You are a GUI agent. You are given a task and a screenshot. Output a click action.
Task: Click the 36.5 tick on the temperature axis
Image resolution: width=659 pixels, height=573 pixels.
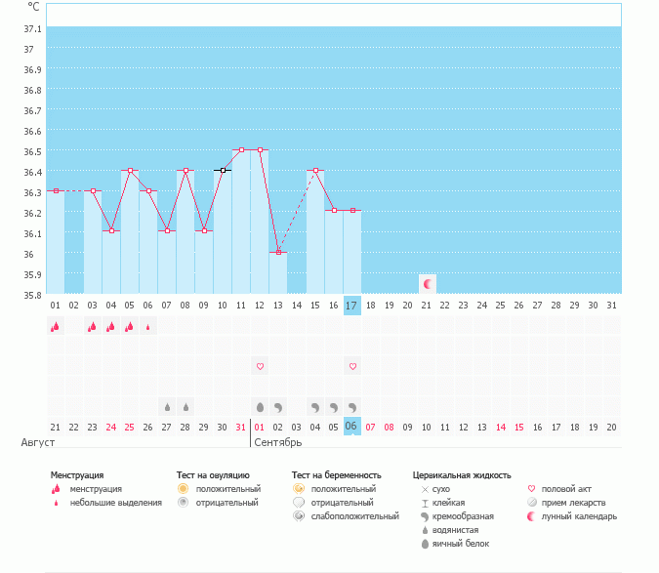coord(32,151)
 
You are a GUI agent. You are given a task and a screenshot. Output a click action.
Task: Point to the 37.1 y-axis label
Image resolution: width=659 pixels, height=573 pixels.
coord(32,28)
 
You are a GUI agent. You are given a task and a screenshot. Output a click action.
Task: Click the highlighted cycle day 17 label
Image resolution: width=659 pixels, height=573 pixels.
coord(352,306)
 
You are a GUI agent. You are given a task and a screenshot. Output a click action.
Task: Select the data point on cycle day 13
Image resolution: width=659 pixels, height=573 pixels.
coord(278,252)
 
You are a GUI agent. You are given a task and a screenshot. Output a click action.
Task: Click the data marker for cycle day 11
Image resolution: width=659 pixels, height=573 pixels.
coord(241,150)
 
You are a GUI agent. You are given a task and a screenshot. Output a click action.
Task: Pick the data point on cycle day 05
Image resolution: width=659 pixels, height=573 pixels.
coord(130,171)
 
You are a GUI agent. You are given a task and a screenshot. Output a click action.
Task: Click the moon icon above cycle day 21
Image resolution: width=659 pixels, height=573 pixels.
coord(427,284)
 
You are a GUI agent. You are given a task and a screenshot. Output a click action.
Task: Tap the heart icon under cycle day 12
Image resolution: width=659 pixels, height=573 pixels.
coord(260,367)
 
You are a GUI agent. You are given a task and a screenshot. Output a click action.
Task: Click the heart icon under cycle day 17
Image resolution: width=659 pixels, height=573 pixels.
coord(352,367)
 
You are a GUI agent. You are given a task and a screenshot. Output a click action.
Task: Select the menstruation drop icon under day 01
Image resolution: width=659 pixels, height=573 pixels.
coord(56,327)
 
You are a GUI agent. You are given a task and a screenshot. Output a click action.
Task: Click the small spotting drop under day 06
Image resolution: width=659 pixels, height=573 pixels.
coord(148,327)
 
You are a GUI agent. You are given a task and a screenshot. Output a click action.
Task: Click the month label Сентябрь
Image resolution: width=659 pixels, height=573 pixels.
coord(277,442)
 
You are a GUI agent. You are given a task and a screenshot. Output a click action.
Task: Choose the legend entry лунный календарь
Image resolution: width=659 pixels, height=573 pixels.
coord(580,516)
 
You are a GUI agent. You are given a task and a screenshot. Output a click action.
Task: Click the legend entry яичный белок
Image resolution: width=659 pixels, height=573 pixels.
coord(458,544)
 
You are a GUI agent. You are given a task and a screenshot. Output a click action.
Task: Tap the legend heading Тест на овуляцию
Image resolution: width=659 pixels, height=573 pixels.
coord(213,475)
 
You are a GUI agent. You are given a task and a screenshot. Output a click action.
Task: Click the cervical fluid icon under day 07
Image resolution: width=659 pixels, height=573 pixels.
coord(167,406)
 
